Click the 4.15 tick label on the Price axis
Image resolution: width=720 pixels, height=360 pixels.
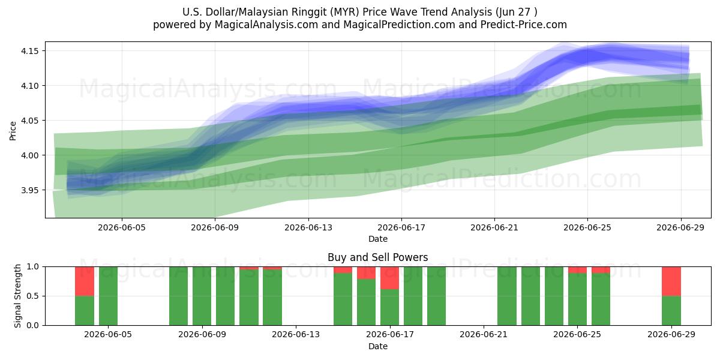(29, 51)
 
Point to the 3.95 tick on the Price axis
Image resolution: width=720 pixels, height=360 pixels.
(29, 190)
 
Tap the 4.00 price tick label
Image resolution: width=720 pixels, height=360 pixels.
(29, 155)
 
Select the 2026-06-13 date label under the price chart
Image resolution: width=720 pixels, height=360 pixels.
(308, 227)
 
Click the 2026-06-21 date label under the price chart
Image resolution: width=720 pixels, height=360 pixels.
(494, 227)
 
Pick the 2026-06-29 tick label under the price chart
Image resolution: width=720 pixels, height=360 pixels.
(680, 227)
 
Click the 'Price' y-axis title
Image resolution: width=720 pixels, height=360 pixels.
(13, 131)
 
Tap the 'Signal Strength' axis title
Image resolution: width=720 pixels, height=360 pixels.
(17, 296)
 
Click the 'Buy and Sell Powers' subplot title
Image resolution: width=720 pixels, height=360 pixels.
(377, 257)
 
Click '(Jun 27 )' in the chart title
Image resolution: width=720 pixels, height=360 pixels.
(516, 12)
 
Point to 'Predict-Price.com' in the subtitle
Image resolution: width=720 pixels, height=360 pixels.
(524, 25)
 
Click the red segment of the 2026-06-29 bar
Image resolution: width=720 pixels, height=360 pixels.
(671, 281)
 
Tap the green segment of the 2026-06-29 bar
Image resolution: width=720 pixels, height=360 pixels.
(671, 311)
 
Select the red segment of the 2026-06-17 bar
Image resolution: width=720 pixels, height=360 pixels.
(389, 278)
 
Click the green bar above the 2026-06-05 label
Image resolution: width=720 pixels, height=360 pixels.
(108, 296)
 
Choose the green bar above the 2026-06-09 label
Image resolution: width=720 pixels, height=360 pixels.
(202, 296)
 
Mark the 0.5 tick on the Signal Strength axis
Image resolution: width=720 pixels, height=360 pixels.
(32, 296)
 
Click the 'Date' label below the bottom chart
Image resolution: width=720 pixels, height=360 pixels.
(377, 346)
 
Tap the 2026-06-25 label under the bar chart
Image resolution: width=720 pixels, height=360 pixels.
(577, 335)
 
